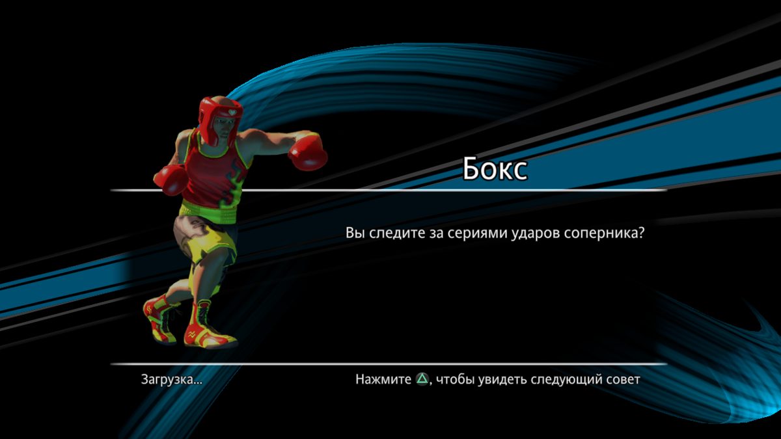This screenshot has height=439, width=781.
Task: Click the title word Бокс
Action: (x=495, y=169)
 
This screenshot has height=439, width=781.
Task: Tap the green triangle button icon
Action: (x=422, y=379)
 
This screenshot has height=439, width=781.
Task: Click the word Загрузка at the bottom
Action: (x=167, y=379)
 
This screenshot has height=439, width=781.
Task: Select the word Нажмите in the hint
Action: (x=383, y=379)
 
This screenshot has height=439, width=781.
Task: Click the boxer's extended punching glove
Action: (x=307, y=153)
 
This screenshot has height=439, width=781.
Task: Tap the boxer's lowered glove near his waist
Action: (x=171, y=180)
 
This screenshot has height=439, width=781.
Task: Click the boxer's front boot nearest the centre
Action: (x=208, y=328)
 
